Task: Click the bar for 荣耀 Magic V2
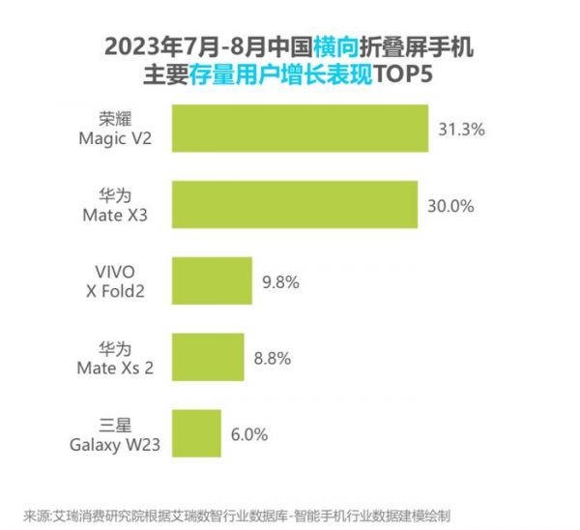tap(300, 129)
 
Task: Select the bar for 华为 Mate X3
tap(294, 204)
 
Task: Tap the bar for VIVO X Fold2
tap(212, 281)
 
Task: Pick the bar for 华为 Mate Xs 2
tap(207, 358)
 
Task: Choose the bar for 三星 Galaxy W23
tap(196, 434)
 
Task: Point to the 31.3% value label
tap(460, 129)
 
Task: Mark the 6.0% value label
tap(248, 434)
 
